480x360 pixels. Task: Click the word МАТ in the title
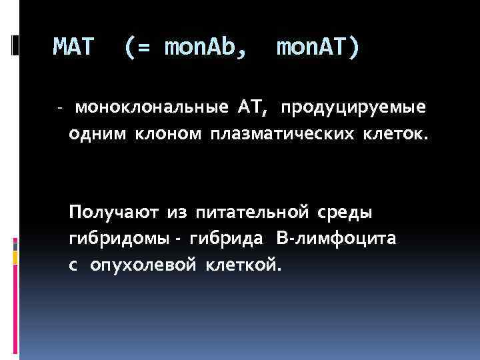pyautogui.click(x=74, y=47)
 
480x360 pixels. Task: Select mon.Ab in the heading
pyautogui.click(x=204, y=47)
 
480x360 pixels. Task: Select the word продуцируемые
pyautogui.click(x=353, y=108)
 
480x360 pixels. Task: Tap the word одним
pyautogui.click(x=97, y=135)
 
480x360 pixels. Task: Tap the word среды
pyautogui.click(x=343, y=213)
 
